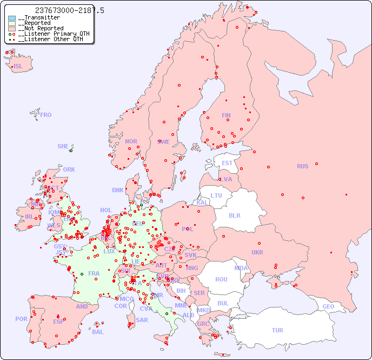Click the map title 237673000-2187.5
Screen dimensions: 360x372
coord(69,10)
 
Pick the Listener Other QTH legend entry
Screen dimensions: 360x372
coord(50,39)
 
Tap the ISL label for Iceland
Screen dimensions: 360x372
coord(18,67)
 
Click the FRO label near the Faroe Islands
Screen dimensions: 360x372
coord(46,115)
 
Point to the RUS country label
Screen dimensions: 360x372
coord(302,166)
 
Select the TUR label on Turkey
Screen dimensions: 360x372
coord(277,330)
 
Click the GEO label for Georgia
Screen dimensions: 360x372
coord(328,306)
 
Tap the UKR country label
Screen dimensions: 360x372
coord(257,252)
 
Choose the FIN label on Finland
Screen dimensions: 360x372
coord(226,115)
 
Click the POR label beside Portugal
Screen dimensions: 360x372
coord(21,319)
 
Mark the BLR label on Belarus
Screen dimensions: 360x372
coord(234,215)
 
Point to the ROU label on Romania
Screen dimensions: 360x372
coord(221,279)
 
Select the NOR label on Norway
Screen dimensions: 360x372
coord(131,141)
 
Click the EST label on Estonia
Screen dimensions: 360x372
coord(227,163)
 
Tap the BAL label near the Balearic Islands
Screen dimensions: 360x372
coord(98,332)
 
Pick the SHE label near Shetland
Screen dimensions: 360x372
coord(63,146)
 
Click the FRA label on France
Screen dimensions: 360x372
coord(94,273)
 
